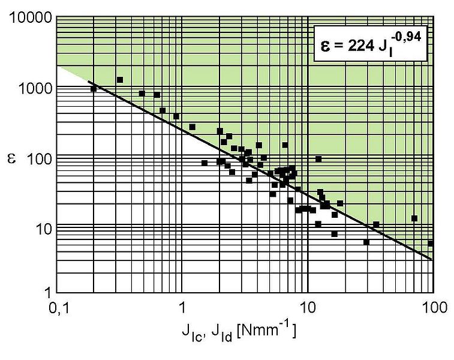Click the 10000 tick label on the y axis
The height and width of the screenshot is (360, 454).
[30, 19]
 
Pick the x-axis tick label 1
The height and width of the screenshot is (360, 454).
[182, 309]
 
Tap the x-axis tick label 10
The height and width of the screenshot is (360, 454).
[307, 309]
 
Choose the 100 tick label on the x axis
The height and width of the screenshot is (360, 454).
[432, 309]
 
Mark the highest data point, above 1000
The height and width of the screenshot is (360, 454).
[120, 80]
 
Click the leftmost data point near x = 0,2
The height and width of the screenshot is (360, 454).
[94, 89]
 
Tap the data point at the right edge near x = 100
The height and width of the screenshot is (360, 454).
[431, 243]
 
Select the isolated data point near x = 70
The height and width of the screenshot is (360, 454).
[414, 218]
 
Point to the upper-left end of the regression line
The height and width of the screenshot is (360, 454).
[89, 82]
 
